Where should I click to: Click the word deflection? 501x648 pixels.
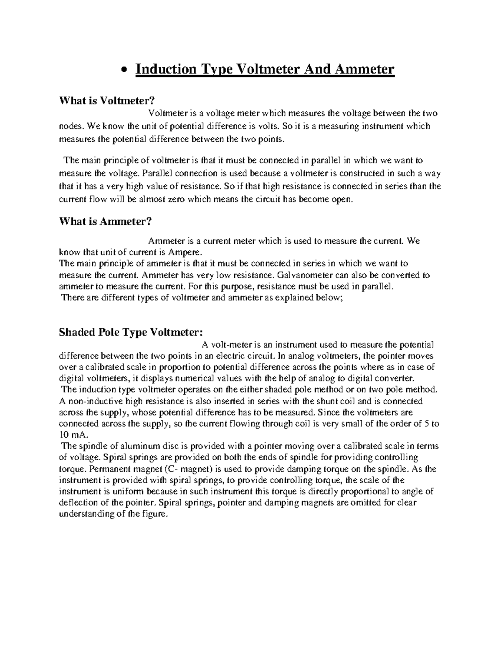pyautogui.click(x=77, y=503)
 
